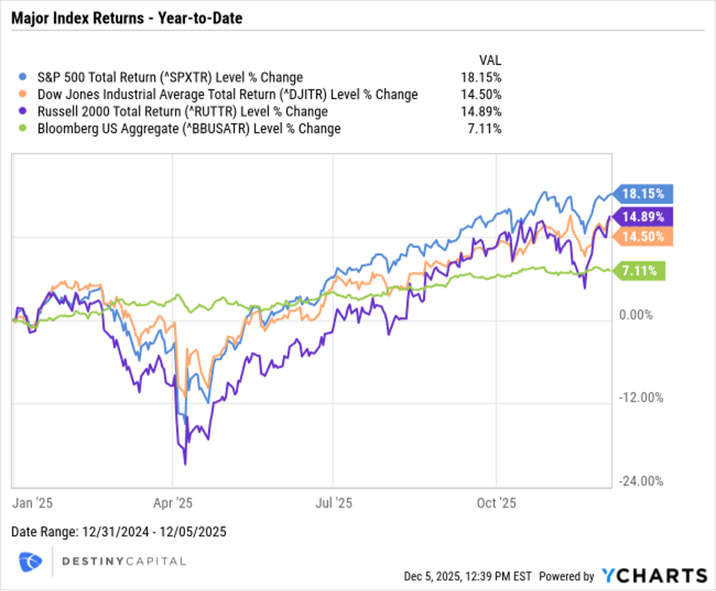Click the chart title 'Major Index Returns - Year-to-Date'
coord(127,18)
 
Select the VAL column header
coord(490,60)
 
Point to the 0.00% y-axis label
coord(636,315)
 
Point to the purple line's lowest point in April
coord(185,463)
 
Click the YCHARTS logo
coord(654,575)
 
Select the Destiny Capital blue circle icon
coord(31,561)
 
